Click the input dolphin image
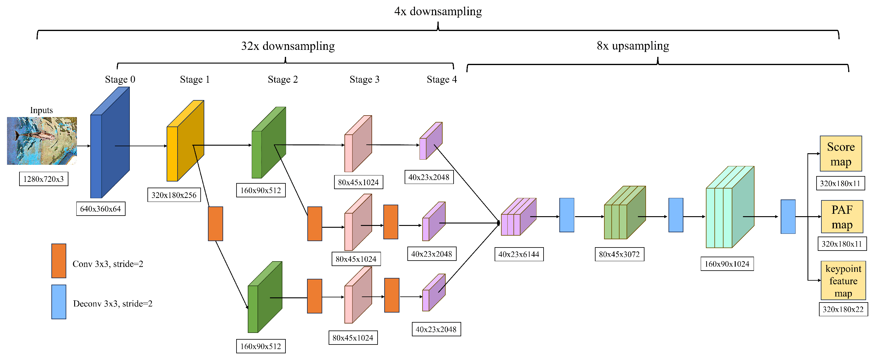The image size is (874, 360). click(42, 141)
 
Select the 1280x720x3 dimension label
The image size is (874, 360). click(43, 179)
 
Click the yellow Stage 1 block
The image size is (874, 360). click(185, 144)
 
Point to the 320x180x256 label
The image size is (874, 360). click(174, 195)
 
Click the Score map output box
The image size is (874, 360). click(841, 154)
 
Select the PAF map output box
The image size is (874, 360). click(841, 217)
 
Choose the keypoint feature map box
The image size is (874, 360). click(843, 281)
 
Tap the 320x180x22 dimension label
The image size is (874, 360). click(843, 309)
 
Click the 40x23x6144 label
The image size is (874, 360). click(518, 254)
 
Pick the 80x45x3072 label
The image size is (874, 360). click(619, 254)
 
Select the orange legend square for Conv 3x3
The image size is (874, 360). click(59, 261)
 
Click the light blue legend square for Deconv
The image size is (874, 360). click(59, 302)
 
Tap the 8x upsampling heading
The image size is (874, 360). click(632, 46)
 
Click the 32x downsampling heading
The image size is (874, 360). click(288, 46)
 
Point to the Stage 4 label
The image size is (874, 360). click(441, 79)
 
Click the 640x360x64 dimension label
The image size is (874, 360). click(100, 209)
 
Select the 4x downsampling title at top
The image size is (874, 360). click(438, 11)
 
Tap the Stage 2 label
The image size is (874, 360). click(283, 79)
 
